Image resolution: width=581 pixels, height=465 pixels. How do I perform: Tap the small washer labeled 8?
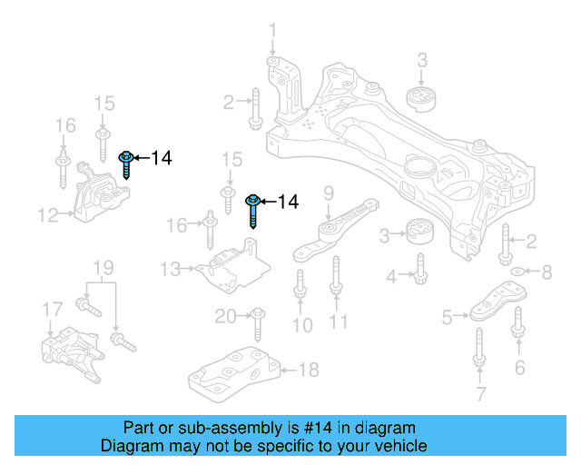(517, 271)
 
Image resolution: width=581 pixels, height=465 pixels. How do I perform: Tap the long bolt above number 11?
(335, 275)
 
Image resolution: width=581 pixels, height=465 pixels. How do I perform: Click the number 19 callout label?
(103, 268)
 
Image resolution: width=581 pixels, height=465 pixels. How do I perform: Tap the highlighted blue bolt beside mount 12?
(126, 164)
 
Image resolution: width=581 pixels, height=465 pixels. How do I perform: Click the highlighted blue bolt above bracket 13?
(254, 208)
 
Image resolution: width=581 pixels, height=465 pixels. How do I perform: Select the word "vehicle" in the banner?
(402, 446)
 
